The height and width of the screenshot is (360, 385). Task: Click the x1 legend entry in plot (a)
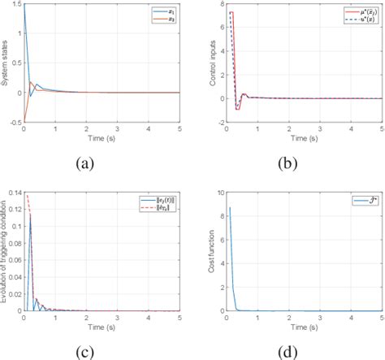(x=171, y=11)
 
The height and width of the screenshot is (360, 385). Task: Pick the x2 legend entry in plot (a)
(x=171, y=20)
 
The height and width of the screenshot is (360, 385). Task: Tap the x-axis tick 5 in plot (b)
(x=380, y=129)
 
